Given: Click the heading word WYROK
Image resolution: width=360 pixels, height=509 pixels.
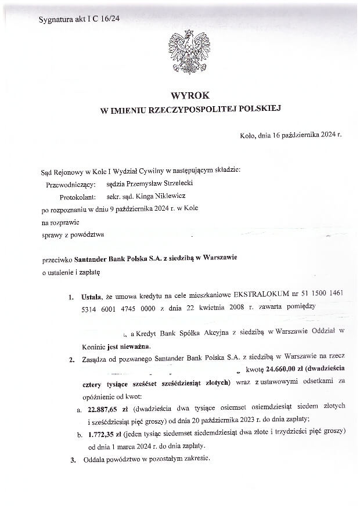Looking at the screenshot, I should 190,95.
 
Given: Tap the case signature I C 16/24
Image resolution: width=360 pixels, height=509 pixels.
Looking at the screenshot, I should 105,19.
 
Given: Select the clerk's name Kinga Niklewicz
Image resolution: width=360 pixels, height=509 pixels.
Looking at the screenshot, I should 159,197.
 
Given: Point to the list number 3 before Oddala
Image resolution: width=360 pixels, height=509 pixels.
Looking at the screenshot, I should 73,460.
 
